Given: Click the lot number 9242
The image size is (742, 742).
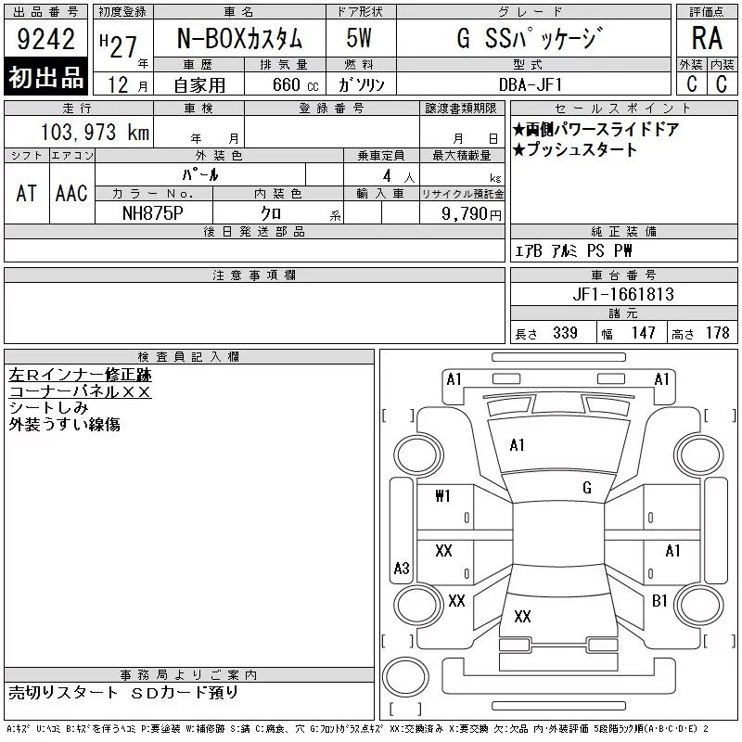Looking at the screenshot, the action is (x=45, y=39).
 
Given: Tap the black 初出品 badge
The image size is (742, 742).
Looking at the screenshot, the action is (x=45, y=76).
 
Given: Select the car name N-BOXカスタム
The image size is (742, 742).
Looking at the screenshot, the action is (x=239, y=38).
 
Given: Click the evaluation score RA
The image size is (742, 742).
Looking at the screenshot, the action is (x=707, y=38).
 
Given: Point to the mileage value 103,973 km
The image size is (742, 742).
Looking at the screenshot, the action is (x=95, y=132).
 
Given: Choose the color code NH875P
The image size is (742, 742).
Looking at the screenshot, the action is (x=153, y=213).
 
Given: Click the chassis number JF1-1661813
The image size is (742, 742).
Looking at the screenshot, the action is (x=623, y=294).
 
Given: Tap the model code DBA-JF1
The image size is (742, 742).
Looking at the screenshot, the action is (x=531, y=84).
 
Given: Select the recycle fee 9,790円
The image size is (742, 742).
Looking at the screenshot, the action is (x=471, y=213).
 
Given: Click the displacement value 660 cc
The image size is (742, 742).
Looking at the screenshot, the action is (x=295, y=84).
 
